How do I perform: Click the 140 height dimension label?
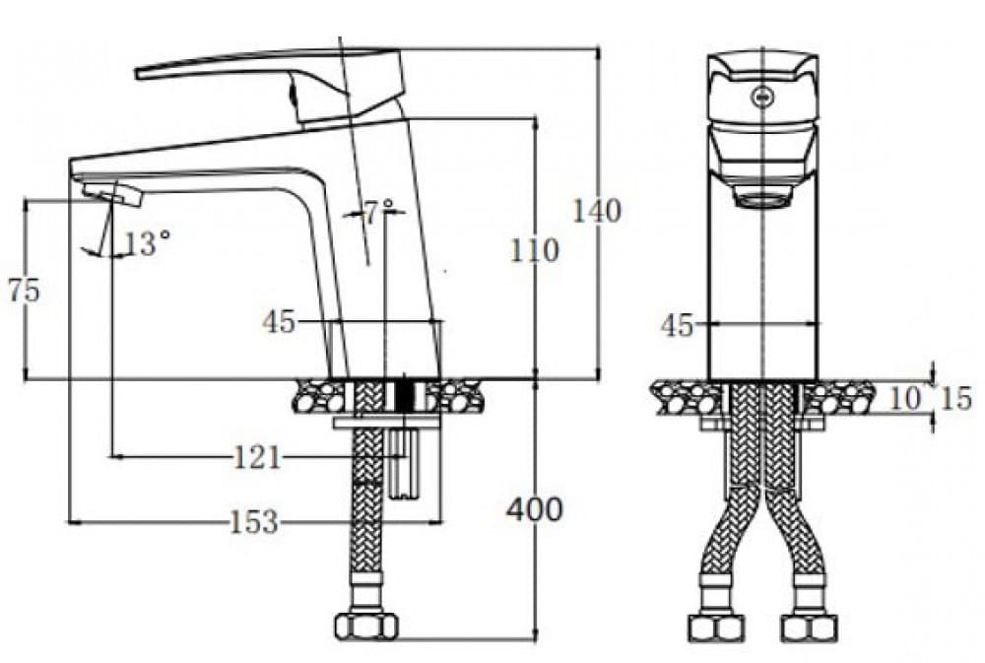point(597,211)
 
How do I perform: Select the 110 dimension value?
point(534,250)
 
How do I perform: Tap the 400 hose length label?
point(534,509)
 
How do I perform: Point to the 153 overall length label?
point(253,522)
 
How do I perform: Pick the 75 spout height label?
point(24,291)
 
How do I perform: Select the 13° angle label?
point(148,243)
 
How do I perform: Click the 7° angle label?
point(379,212)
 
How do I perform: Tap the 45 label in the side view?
point(279,321)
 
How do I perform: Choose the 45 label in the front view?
point(678,326)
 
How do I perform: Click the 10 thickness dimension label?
point(906,398)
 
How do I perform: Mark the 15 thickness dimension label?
point(955,398)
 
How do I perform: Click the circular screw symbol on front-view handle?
point(761,97)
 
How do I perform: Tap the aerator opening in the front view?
point(763,201)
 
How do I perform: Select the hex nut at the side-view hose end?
point(366,626)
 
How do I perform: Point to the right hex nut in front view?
point(810,627)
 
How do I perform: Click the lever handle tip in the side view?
point(141,72)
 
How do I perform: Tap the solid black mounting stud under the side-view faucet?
point(403,396)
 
